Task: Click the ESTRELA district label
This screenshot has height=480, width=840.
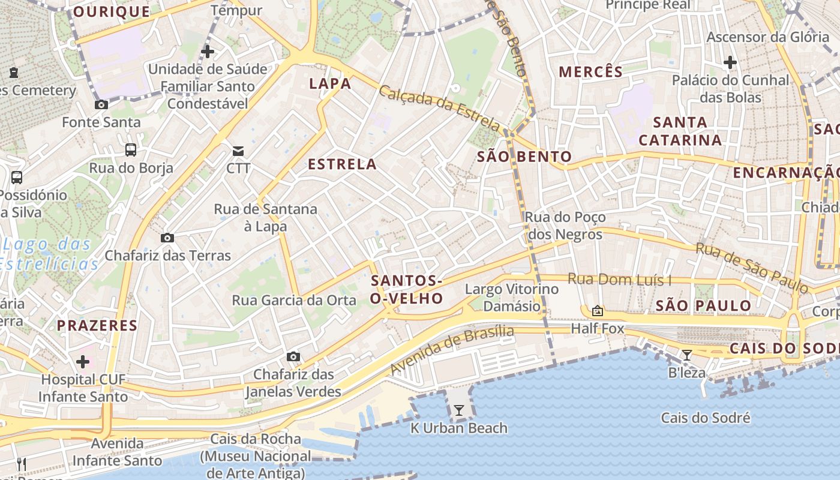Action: [x=342, y=164]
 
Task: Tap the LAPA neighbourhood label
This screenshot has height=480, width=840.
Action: [x=330, y=83]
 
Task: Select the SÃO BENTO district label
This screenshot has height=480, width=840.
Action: [x=524, y=157]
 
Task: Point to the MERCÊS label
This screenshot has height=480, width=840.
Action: [x=591, y=72]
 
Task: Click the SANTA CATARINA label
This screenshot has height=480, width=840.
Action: [x=680, y=131]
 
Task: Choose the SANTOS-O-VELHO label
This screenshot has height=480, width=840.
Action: [x=407, y=289]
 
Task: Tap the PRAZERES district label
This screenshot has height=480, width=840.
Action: [x=97, y=326]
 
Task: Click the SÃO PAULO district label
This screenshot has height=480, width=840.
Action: [x=703, y=305]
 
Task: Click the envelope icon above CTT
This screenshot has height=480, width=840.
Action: [x=238, y=150]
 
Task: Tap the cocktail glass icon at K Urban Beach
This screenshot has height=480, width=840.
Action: [x=459, y=410]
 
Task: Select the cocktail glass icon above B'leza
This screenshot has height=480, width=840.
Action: [x=687, y=355]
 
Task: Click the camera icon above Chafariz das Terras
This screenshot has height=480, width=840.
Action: [x=167, y=238]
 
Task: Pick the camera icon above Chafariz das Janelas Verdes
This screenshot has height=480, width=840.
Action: [x=293, y=356]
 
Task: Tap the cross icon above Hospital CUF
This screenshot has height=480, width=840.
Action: [x=83, y=362]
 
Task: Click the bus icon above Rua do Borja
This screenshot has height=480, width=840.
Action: [x=131, y=150]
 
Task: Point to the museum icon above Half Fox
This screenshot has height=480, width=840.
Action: [x=597, y=311]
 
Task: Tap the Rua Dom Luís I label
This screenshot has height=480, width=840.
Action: [x=619, y=280]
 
